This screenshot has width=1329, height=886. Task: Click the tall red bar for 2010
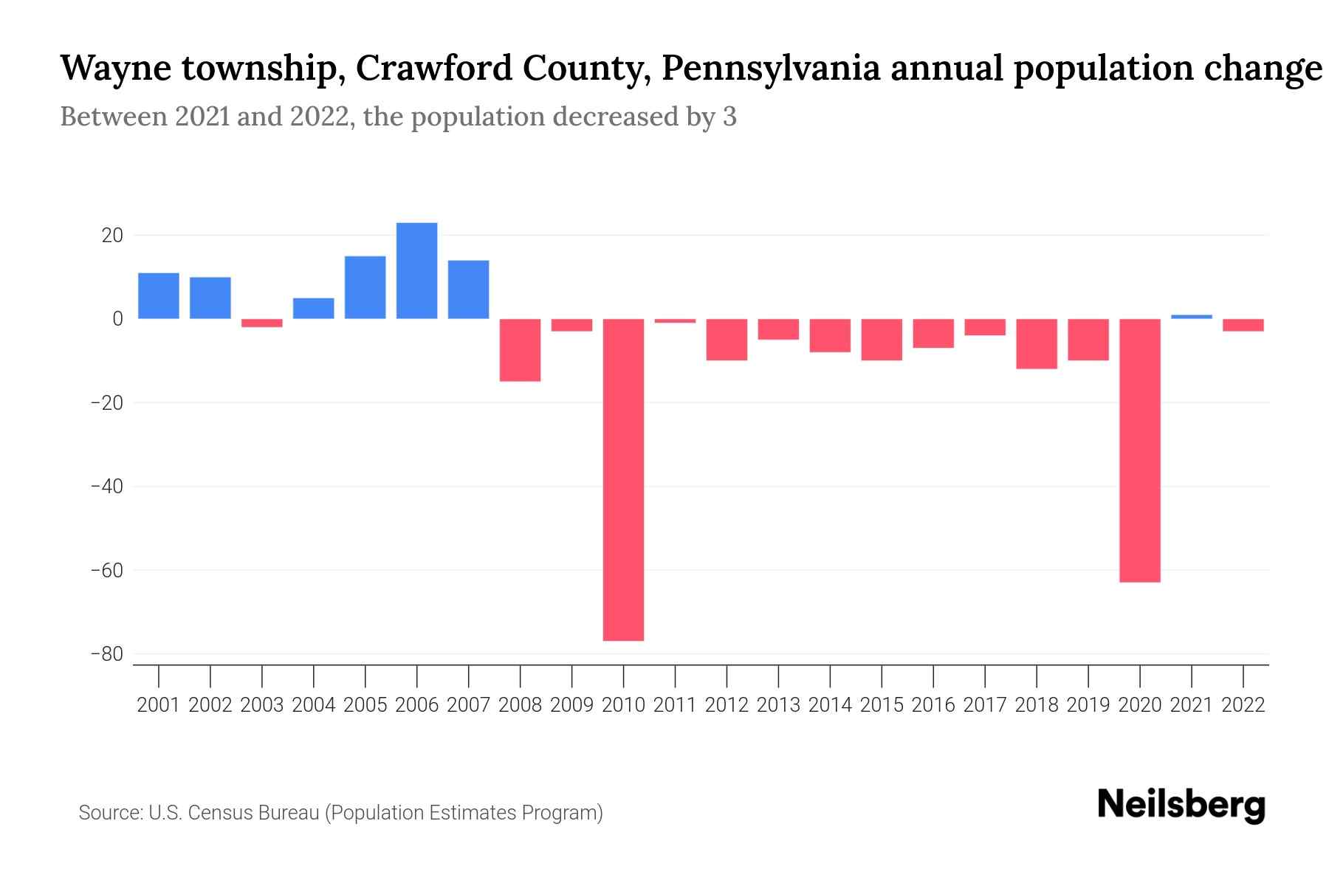pyautogui.click(x=623, y=480)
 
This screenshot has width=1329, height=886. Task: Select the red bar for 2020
pyautogui.click(x=1140, y=450)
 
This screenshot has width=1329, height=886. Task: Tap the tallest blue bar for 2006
pyautogui.click(x=416, y=271)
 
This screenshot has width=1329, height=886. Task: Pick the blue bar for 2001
pyautogui.click(x=159, y=296)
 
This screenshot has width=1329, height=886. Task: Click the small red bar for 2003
pyautogui.click(x=262, y=323)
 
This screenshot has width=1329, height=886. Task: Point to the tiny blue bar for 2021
pyautogui.click(x=1192, y=317)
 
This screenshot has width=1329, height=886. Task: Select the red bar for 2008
pyautogui.click(x=520, y=350)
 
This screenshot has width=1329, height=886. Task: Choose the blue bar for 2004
pyautogui.click(x=314, y=309)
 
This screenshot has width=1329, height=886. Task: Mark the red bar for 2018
pyautogui.click(x=1037, y=344)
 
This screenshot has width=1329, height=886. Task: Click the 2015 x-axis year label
pyautogui.click(x=882, y=705)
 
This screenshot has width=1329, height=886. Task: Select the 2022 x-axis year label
pyautogui.click(x=1243, y=705)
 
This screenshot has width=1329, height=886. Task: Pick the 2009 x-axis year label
pyautogui.click(x=571, y=705)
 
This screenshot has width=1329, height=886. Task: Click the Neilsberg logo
pyautogui.click(x=1181, y=805)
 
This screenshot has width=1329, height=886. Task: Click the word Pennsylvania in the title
pyautogui.click(x=771, y=69)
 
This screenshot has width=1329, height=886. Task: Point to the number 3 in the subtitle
pyautogui.click(x=729, y=117)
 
